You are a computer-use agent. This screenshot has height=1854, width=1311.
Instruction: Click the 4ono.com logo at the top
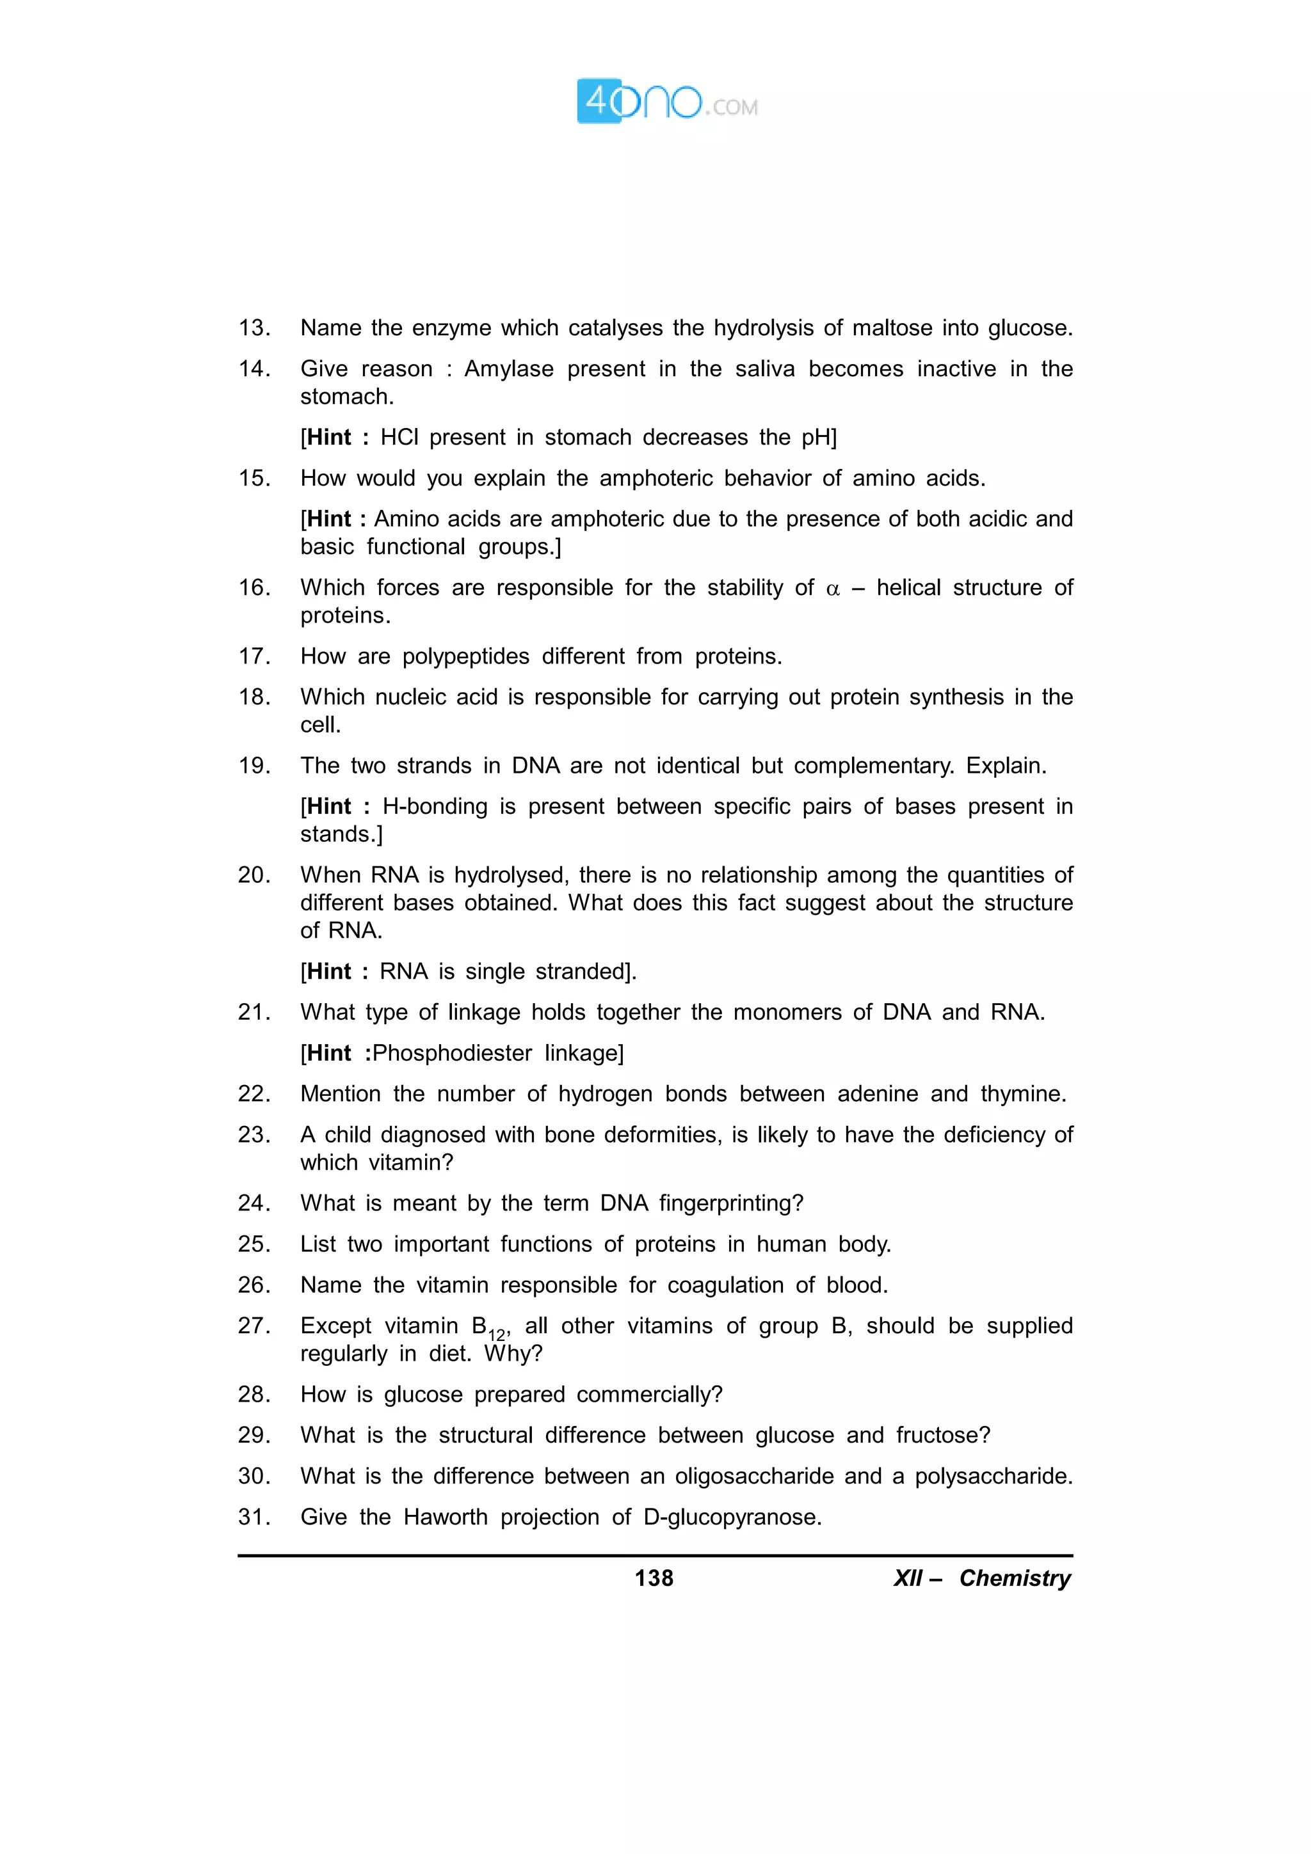click(666, 102)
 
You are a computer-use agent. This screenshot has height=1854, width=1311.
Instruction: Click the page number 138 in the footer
click(654, 1578)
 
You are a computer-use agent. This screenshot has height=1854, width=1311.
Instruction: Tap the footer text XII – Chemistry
click(981, 1578)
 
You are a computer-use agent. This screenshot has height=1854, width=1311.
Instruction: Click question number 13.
click(253, 328)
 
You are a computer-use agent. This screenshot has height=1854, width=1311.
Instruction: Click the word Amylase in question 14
click(509, 369)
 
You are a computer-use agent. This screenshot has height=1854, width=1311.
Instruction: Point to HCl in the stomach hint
click(399, 438)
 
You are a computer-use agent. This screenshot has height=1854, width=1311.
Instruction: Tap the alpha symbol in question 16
click(833, 589)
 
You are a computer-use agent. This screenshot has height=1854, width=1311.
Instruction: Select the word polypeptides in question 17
click(465, 656)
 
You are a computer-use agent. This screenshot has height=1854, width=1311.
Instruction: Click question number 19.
click(253, 766)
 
